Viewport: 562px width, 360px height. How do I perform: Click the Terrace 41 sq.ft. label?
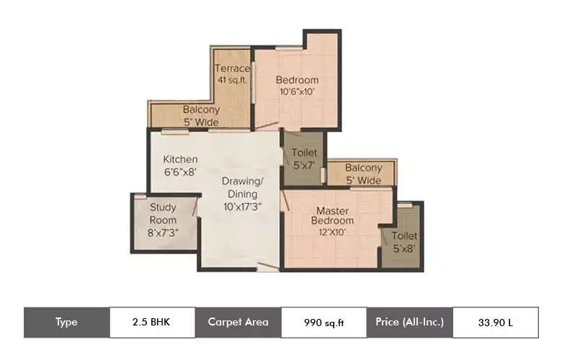pos(232,75)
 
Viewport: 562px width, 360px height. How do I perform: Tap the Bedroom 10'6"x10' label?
pos(297,86)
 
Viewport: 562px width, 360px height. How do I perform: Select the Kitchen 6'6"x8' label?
pos(179,166)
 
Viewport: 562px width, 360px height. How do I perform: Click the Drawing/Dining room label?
pos(241,193)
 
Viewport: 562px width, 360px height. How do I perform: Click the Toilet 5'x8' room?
pos(403,242)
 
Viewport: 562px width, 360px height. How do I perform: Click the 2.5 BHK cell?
pos(151,322)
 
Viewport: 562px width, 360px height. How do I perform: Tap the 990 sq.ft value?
pos(324,323)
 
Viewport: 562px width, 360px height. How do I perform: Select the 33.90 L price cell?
pos(495,323)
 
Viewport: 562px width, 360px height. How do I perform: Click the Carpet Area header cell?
pos(238,322)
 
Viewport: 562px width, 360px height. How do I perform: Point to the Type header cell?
pos(66,322)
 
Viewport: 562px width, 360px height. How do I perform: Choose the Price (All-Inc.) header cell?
pos(409,322)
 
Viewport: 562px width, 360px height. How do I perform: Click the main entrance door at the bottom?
pos(267,268)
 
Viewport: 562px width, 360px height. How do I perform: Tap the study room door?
pos(197,207)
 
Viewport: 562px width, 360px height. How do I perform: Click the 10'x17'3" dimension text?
pos(241,206)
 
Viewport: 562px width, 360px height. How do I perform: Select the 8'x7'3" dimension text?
pos(163,233)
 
